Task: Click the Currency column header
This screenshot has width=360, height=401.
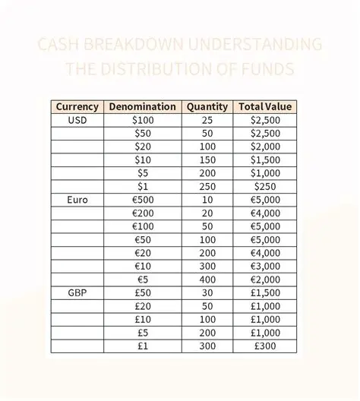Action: tap(77, 107)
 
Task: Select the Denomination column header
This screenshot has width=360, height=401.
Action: tap(143, 107)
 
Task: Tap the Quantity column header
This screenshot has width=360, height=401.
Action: tap(207, 107)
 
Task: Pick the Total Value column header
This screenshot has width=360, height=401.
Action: tap(265, 107)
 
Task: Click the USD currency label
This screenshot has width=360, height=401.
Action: tap(77, 120)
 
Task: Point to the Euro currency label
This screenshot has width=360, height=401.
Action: tap(77, 200)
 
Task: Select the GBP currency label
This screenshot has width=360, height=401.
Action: tap(77, 292)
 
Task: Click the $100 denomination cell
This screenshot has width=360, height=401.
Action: tap(143, 120)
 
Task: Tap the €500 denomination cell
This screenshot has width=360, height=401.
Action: tap(143, 200)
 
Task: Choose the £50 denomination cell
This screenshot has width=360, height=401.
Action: tap(143, 292)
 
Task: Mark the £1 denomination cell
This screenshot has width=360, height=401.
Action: tap(143, 346)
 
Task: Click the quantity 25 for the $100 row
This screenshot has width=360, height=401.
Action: tap(207, 120)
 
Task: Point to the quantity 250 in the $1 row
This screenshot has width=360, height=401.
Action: tap(207, 186)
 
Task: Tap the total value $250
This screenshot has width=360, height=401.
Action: tap(265, 186)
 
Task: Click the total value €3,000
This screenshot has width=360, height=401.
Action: tap(265, 266)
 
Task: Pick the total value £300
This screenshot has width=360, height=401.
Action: tap(265, 346)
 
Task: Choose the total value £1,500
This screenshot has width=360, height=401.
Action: tap(265, 292)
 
